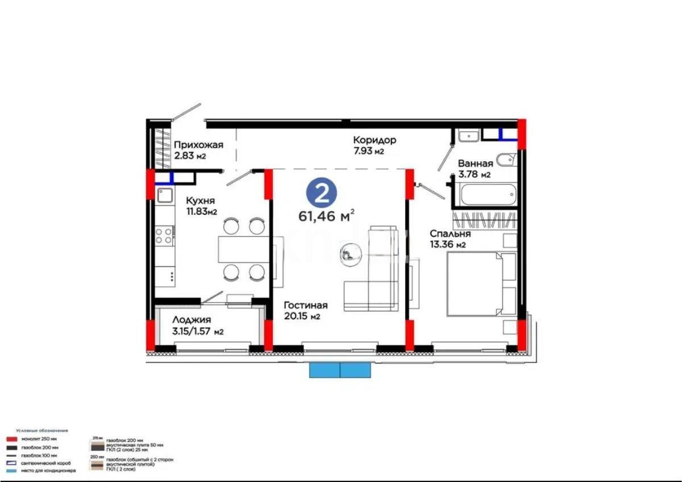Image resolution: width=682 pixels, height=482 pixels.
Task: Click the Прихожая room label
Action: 198,145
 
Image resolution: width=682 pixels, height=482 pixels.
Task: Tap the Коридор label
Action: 375,140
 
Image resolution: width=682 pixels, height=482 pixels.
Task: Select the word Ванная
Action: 476,164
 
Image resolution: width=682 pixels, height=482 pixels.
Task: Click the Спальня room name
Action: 450,233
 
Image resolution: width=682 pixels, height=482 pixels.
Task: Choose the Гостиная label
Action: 306,305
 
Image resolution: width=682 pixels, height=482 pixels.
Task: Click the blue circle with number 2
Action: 322,194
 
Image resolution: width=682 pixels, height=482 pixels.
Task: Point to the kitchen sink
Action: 165,196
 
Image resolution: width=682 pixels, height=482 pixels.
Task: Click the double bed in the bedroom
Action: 480,284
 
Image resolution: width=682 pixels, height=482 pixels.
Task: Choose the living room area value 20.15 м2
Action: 302,317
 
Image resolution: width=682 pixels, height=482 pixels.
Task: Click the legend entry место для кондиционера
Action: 49,471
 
